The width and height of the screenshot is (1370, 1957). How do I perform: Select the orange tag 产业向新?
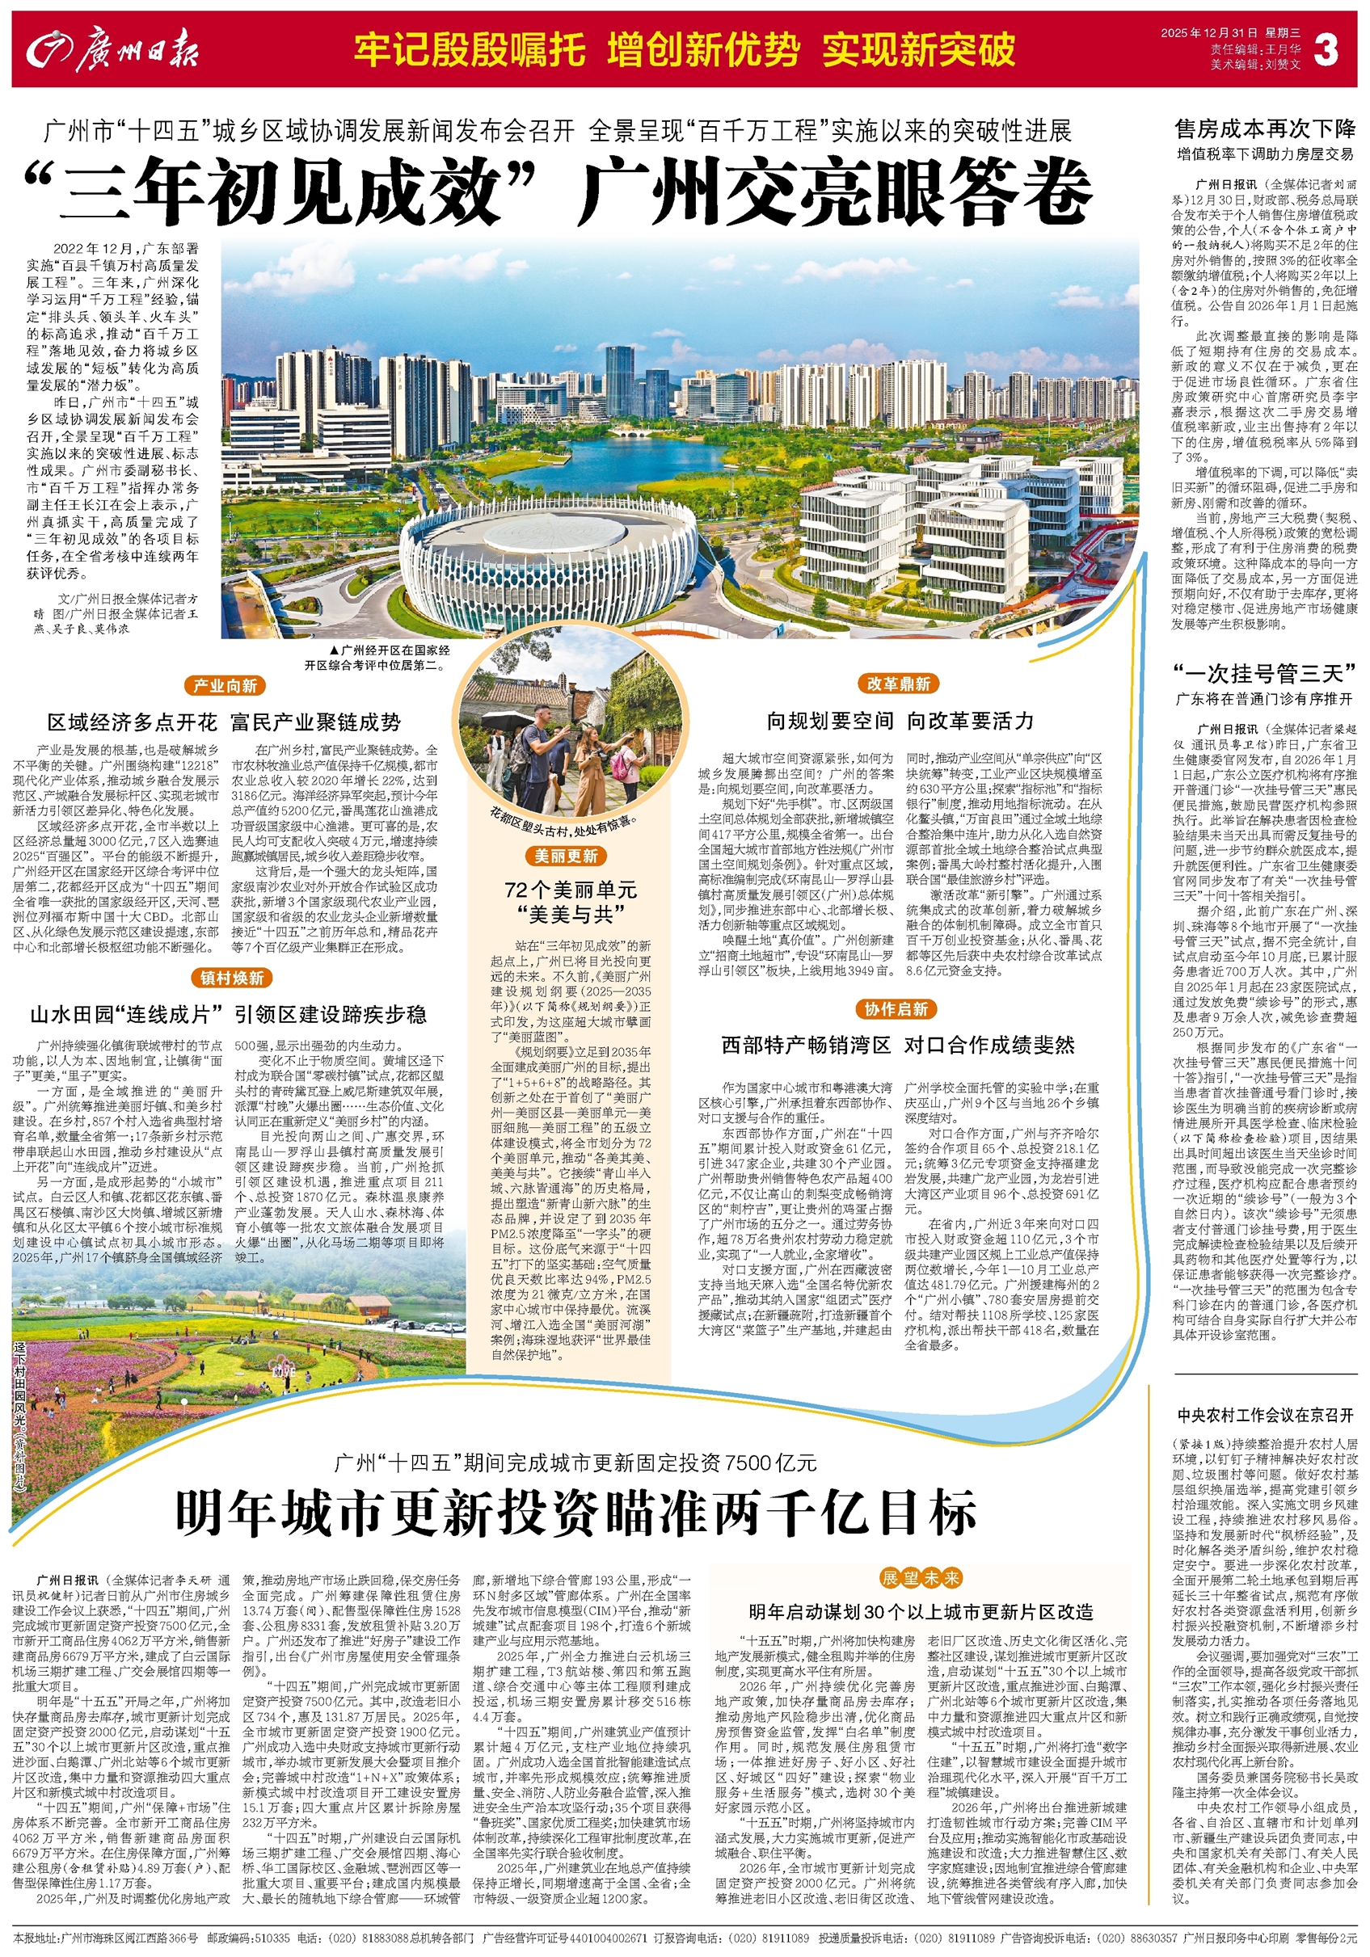point(224,685)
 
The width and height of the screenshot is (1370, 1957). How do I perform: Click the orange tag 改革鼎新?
point(898,684)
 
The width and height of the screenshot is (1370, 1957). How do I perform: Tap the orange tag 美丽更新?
point(566,856)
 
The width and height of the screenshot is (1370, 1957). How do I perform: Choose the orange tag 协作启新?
point(895,1009)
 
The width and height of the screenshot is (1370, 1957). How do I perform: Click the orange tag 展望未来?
point(921,1578)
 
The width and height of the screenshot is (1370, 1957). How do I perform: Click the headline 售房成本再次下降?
point(1264,129)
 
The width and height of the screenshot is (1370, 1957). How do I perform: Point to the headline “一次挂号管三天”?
point(1264,673)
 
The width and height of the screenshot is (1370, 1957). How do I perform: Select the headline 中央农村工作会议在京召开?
point(1264,1416)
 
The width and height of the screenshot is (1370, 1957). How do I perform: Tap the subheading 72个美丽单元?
point(571,890)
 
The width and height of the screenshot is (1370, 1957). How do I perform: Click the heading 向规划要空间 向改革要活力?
point(900,721)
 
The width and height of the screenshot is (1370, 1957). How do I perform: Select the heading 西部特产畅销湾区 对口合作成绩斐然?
point(898,1045)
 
